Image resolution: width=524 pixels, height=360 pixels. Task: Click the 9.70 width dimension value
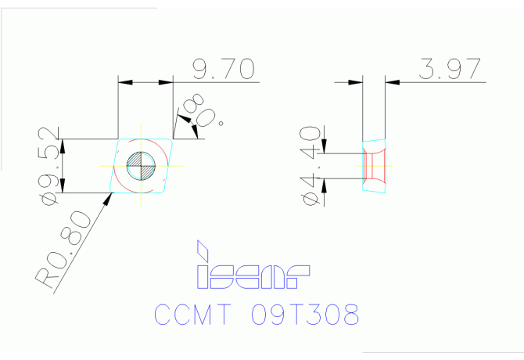pos(223,70)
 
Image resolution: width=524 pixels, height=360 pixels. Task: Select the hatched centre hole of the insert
pos(142,166)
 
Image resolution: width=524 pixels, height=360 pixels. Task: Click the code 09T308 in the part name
pos(305,315)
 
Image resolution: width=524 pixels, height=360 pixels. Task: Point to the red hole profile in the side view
pos(371,166)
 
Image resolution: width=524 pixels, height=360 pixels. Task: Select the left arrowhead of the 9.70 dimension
pos(124,81)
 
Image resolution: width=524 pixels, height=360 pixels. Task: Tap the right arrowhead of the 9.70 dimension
pos(165,81)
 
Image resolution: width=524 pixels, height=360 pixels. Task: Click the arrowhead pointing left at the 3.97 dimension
pos(392,81)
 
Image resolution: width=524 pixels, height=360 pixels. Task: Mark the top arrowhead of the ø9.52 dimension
pos(63,145)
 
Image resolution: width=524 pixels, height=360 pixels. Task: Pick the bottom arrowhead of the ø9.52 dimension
pos(63,187)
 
